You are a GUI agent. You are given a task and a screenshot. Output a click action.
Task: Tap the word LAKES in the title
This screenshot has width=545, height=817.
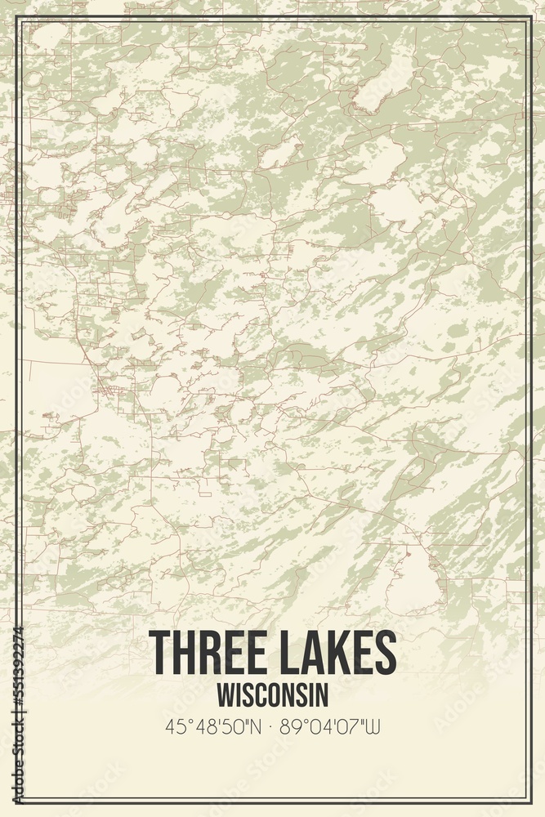339,653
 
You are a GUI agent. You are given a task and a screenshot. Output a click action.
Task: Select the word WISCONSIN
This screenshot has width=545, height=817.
273,694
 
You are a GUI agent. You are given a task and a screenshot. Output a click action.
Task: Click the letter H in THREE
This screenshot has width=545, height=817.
184,653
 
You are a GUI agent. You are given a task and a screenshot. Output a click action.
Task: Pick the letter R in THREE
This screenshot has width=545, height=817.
210,653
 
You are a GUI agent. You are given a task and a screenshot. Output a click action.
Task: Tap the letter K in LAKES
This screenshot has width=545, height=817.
342,653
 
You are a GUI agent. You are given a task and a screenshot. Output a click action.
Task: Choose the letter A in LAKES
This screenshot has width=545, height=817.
315,653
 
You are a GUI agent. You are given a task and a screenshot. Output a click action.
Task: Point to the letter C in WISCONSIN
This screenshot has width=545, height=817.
262,694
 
